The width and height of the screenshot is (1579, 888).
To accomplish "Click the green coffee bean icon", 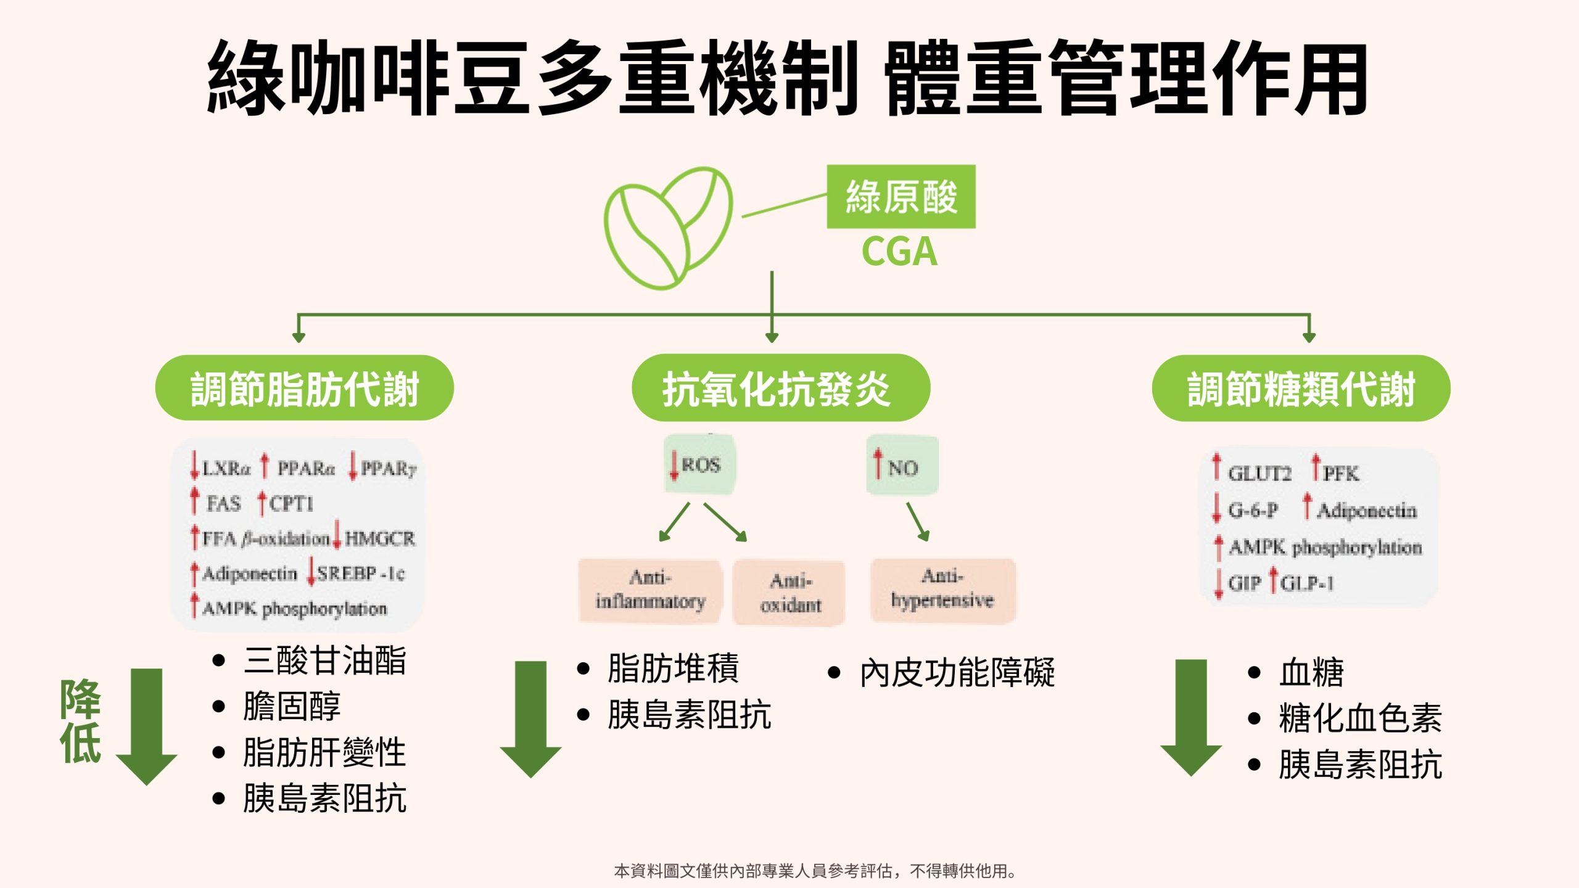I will (x=668, y=227).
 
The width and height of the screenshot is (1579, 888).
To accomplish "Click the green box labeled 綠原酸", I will (x=901, y=197).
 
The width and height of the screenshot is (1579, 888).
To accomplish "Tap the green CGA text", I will (x=899, y=252).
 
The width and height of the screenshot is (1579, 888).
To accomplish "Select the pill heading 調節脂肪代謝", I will (x=304, y=388).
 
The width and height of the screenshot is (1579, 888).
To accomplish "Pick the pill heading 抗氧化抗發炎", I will (x=780, y=388).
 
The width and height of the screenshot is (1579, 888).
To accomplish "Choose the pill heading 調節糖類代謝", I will (x=1301, y=388).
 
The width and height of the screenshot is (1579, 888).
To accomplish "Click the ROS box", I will (x=699, y=464).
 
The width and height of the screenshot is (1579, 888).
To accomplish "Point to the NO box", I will (x=902, y=466).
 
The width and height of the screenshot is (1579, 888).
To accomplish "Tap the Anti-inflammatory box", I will (x=649, y=590).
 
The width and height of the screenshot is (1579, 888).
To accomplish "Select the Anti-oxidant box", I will (x=789, y=593).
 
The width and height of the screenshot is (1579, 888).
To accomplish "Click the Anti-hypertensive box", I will (x=942, y=590).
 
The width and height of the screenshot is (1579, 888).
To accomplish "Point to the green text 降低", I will (x=80, y=721).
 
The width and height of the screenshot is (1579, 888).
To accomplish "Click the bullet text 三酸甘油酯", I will (x=324, y=660).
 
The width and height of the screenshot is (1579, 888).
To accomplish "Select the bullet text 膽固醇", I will (x=291, y=707).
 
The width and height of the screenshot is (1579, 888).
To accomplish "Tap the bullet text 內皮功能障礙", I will (x=957, y=673).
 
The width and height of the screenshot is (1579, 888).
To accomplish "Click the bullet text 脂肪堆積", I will (x=672, y=668).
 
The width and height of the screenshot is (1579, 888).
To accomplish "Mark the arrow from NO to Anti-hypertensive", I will (x=917, y=522).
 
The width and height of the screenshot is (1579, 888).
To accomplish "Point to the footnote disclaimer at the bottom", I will (x=814, y=871).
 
